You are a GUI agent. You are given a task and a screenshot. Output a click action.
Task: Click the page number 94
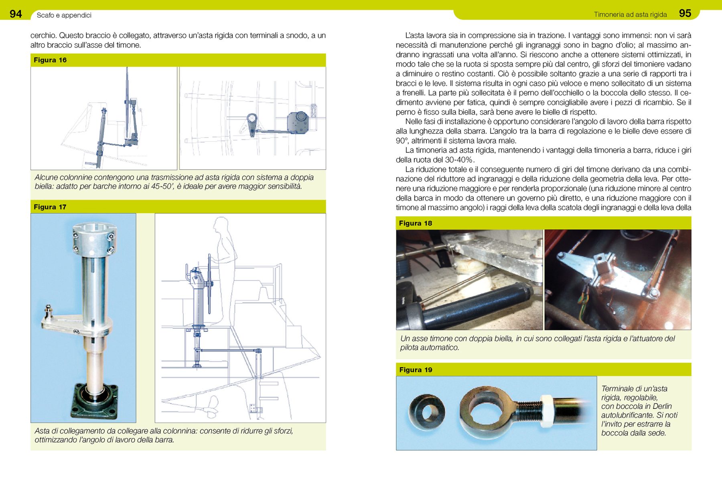(16, 14)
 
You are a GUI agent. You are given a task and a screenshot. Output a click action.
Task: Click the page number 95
(685, 13)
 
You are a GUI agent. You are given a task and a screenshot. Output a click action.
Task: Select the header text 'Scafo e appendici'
(64, 15)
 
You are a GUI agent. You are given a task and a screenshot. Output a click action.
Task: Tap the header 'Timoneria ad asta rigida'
(630, 14)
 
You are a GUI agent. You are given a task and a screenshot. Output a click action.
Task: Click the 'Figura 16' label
(50, 60)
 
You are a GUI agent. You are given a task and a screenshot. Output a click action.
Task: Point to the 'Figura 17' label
(50, 207)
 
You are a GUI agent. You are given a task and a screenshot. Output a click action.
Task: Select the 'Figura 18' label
(416, 223)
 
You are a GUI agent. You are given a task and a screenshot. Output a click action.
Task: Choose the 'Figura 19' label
(416, 370)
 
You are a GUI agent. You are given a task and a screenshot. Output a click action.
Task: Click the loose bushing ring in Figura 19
(427, 412)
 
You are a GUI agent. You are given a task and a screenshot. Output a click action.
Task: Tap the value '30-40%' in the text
(457, 160)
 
